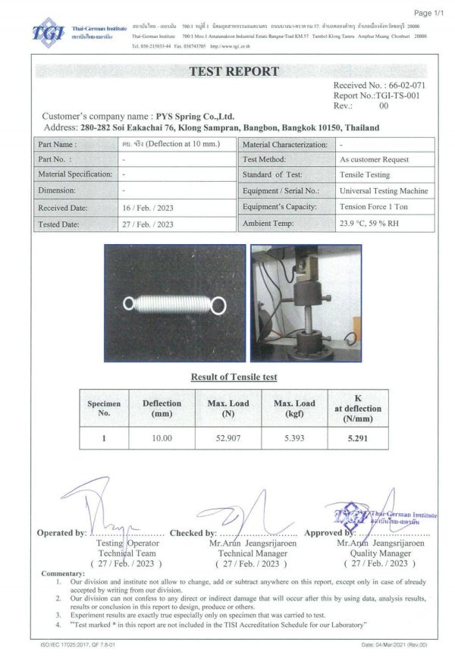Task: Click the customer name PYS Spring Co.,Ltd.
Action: pos(195,116)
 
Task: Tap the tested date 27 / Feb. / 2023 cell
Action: pos(149,224)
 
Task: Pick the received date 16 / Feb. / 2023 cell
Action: pos(149,207)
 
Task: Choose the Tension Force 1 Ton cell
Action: pos(375,207)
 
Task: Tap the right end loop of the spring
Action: pos(219,305)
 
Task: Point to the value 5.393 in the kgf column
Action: pos(294,437)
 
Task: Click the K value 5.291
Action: pos(357,437)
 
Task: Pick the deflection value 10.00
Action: pos(162,437)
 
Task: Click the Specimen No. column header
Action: pos(105,409)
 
